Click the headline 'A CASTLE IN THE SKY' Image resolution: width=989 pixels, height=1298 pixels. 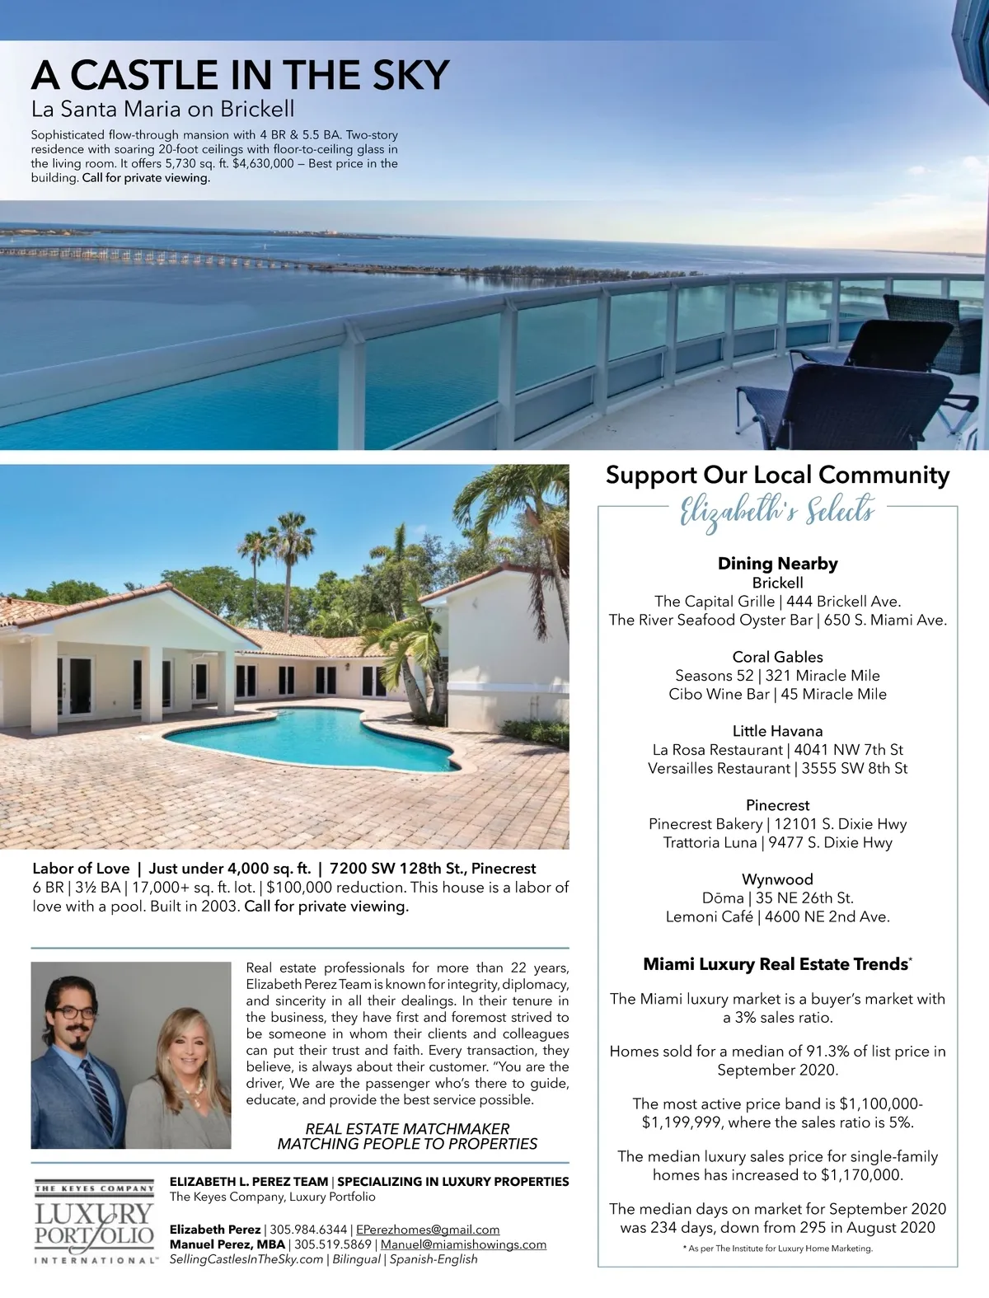pyautogui.click(x=240, y=75)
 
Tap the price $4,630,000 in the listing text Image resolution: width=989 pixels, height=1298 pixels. pyautogui.click(x=263, y=163)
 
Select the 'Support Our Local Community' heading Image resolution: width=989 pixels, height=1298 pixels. pyautogui.click(x=777, y=475)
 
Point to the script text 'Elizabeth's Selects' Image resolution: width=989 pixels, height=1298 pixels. pyautogui.click(x=776, y=511)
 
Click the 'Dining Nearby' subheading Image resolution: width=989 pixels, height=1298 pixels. pyautogui.click(x=777, y=564)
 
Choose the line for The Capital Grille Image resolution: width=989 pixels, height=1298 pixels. pyautogui.click(x=777, y=602)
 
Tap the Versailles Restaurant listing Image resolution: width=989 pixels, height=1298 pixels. pyautogui.click(x=777, y=768)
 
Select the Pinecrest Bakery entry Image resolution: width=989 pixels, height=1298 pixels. pyautogui.click(x=777, y=824)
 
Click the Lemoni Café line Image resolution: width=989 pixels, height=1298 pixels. pyautogui.click(x=777, y=916)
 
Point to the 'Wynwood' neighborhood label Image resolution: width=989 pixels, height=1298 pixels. pyautogui.click(x=777, y=879)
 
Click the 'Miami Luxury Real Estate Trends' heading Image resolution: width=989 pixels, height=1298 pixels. pyautogui.click(x=776, y=964)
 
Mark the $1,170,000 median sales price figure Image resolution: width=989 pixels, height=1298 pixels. pyautogui.click(x=861, y=1175)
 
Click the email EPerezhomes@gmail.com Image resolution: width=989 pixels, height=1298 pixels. pyautogui.click(x=428, y=1230)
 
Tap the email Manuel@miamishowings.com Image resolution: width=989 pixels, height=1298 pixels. pyautogui.click(x=463, y=1244)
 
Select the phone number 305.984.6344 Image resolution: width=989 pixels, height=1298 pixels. pyautogui.click(x=309, y=1230)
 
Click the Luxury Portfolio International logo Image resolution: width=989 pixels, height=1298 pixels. pyautogui.click(x=94, y=1224)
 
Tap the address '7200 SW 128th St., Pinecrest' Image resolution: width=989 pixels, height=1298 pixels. pyautogui.click(x=433, y=869)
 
